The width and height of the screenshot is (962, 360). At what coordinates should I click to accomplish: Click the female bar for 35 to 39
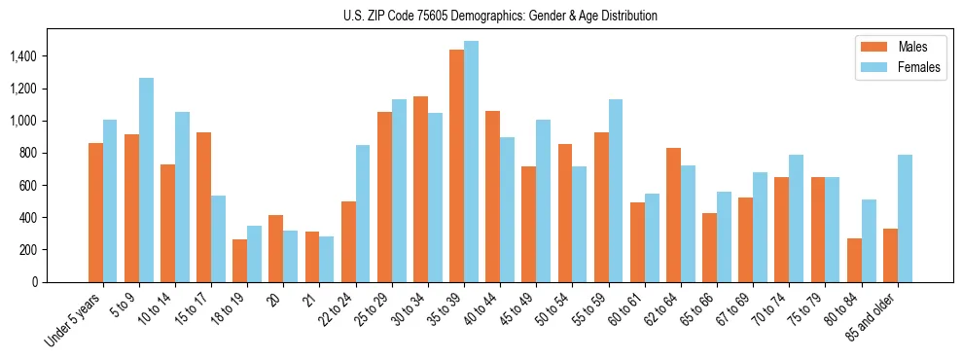tap(471, 162)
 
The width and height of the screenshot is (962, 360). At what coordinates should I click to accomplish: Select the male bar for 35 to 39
tap(456, 165)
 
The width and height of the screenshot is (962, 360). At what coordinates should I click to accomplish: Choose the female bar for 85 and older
tap(905, 218)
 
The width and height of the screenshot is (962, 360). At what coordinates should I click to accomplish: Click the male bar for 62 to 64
tap(673, 215)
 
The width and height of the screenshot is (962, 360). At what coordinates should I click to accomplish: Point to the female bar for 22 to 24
tap(363, 213)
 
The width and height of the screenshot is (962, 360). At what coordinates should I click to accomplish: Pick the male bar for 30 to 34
tap(420, 189)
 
